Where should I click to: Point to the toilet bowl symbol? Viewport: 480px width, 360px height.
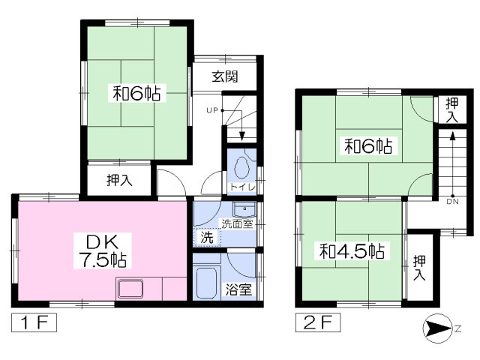[241, 166]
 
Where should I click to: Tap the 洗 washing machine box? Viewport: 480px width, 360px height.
[205, 238]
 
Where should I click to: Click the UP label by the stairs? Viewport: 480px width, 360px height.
[211, 111]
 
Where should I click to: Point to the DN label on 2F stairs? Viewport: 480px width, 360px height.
[452, 201]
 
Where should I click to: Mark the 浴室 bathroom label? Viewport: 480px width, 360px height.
[241, 289]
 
